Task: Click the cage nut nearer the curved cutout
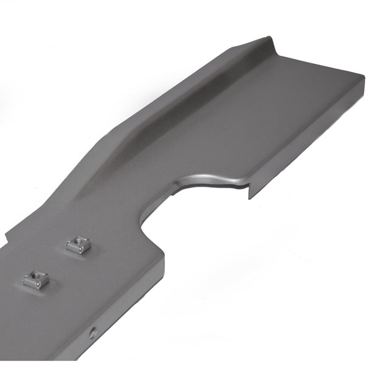point(79,244)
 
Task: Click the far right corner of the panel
point(363,78)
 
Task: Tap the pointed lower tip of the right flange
point(250,197)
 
